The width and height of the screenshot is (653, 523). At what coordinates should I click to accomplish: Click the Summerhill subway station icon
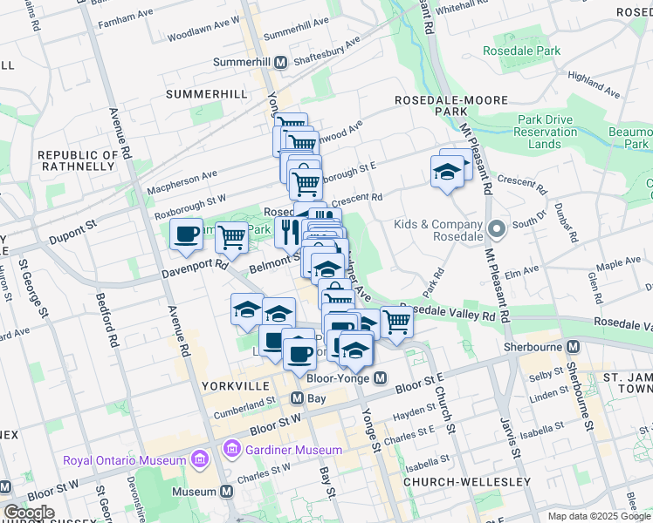coord(281,63)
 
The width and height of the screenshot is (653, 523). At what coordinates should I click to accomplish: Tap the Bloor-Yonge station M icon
coord(380,378)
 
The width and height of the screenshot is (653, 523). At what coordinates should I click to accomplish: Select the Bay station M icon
coord(297,397)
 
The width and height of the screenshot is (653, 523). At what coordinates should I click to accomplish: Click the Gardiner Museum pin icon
coord(231,450)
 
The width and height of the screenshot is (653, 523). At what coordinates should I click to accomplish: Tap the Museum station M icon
coord(227,492)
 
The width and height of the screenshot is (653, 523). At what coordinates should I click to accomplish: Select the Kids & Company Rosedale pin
coord(498,230)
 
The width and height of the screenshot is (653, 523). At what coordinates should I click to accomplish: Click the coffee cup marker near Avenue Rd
coord(186,234)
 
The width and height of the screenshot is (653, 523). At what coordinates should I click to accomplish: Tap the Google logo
coord(29,513)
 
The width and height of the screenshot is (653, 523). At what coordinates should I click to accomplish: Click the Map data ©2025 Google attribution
coord(598,516)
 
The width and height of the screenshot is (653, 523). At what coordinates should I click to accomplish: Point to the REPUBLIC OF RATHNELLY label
coord(78,160)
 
